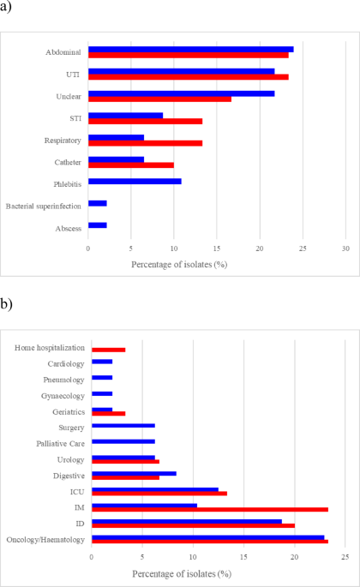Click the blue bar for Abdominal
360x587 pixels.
click(x=191, y=50)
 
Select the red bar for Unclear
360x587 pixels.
click(x=160, y=99)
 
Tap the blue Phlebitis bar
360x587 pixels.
click(x=135, y=181)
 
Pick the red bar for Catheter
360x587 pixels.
click(x=131, y=165)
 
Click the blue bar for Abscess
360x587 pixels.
click(x=98, y=225)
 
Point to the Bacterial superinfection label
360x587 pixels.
click(x=44, y=207)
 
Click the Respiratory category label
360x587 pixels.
click(x=63, y=141)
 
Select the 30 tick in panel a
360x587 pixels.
click(x=345, y=249)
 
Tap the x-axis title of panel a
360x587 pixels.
click(x=179, y=265)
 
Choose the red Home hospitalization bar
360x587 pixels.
click(x=109, y=350)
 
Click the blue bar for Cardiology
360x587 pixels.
click(x=102, y=362)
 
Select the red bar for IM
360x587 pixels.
click(x=210, y=510)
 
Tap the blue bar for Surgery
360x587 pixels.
click(x=123, y=426)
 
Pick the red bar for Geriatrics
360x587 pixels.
click(x=109, y=414)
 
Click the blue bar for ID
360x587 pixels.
click(x=187, y=522)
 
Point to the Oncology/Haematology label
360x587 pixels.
click(x=45, y=540)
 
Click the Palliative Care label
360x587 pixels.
click(x=60, y=444)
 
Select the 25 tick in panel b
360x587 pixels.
click(x=345, y=557)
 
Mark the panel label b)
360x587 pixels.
click(x=6, y=304)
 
